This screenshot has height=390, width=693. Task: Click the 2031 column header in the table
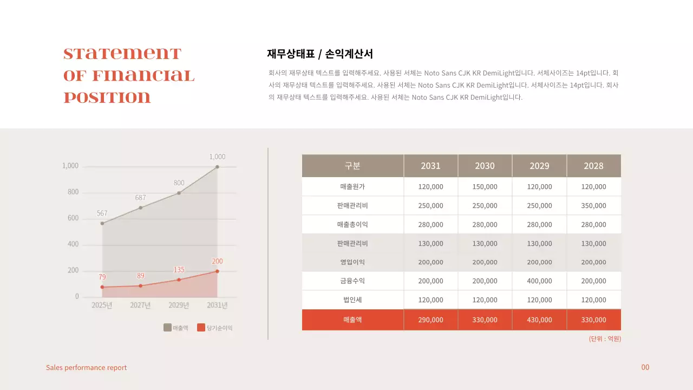point(430,166)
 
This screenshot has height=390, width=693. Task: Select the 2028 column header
point(593,166)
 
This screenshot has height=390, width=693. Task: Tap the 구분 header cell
point(352,166)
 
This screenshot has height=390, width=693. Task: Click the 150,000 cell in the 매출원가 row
point(485,186)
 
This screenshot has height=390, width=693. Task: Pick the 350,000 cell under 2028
point(593,206)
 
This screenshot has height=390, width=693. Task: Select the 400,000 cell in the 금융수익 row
point(539,281)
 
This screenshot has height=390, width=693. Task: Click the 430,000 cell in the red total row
point(539,320)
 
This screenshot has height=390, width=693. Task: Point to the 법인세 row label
point(352,300)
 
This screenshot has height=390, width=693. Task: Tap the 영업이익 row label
point(352,262)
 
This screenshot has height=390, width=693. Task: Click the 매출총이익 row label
point(352,224)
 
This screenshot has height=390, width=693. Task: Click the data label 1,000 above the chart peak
point(217,157)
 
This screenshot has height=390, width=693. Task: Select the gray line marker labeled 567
point(102,223)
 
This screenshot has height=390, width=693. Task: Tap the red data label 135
point(179,269)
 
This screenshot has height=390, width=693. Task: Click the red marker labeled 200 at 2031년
point(217,271)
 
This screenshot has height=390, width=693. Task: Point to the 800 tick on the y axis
point(73,192)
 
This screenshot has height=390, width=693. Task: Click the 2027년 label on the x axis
point(140,305)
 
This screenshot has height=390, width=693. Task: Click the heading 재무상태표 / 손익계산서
point(320,54)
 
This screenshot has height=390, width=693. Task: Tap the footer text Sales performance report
point(86,368)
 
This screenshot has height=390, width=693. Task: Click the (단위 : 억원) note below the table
point(605,339)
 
